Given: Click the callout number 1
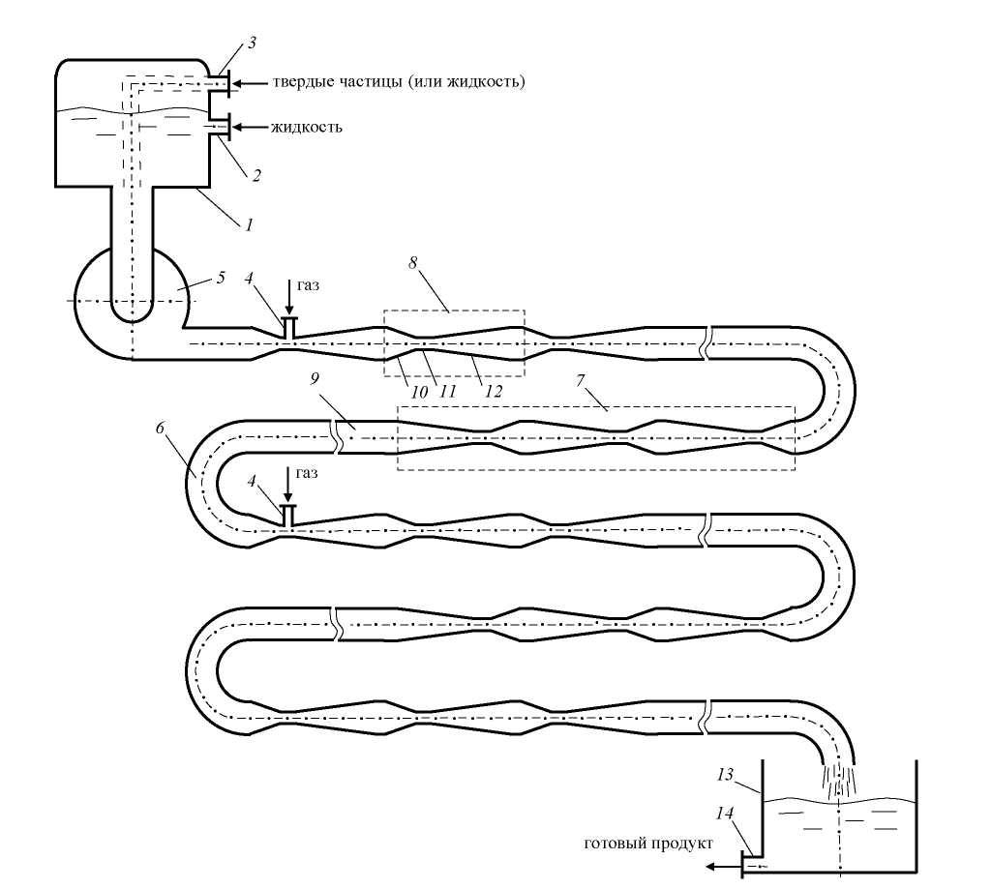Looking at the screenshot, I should tap(249, 225).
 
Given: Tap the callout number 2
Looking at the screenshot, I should tap(257, 176).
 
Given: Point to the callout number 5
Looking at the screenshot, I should tap(221, 278).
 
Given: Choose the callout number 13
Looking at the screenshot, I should tap(727, 775).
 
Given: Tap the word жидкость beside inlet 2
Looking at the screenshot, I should tap(305, 128).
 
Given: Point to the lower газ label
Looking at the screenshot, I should tap(308, 473).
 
